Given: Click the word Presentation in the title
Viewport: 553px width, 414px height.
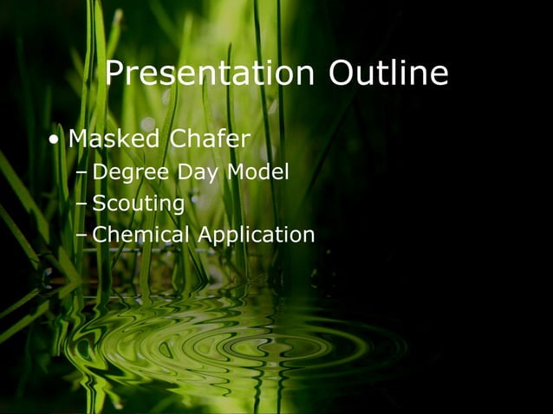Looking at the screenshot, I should pyautogui.click(x=209, y=74).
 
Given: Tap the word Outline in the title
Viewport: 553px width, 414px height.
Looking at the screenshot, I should pyautogui.click(x=387, y=74).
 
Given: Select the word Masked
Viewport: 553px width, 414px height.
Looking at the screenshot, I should pyautogui.click(x=114, y=138).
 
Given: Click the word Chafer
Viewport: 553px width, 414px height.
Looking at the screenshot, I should pyautogui.click(x=211, y=138).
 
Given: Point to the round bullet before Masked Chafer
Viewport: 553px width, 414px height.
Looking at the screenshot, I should pyautogui.click(x=55, y=139).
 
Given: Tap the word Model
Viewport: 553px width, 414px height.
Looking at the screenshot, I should pyautogui.click(x=257, y=173).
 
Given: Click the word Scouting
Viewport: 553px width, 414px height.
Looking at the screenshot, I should pyautogui.click(x=138, y=204).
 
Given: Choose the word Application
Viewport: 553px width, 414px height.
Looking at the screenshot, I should pyautogui.click(x=256, y=235).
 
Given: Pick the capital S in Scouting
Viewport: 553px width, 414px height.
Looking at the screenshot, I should pyautogui.click(x=99, y=204).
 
